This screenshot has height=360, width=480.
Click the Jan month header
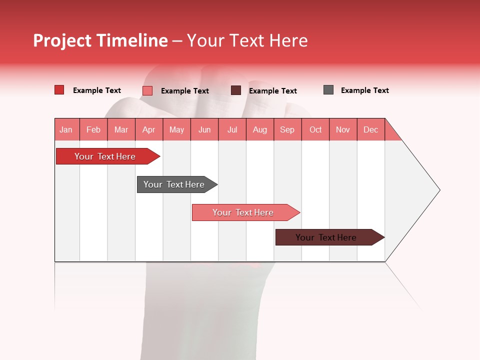(66, 129)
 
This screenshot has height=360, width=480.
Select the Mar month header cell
(121, 129)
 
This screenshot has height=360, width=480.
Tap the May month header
(176, 129)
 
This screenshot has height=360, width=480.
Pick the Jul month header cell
(232, 129)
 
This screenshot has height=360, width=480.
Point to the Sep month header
(287, 129)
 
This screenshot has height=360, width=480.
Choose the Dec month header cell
(370, 129)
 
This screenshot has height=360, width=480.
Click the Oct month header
(315, 129)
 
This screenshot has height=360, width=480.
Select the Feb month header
(93, 129)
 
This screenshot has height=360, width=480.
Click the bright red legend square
(59, 90)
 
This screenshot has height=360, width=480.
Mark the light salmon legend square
(147, 90)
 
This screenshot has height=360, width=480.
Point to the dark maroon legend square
(236, 90)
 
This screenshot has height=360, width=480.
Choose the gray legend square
(328, 90)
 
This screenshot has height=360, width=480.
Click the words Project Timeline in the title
(100, 40)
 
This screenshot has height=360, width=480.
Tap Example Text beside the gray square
(364, 90)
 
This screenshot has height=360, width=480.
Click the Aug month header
(259, 129)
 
